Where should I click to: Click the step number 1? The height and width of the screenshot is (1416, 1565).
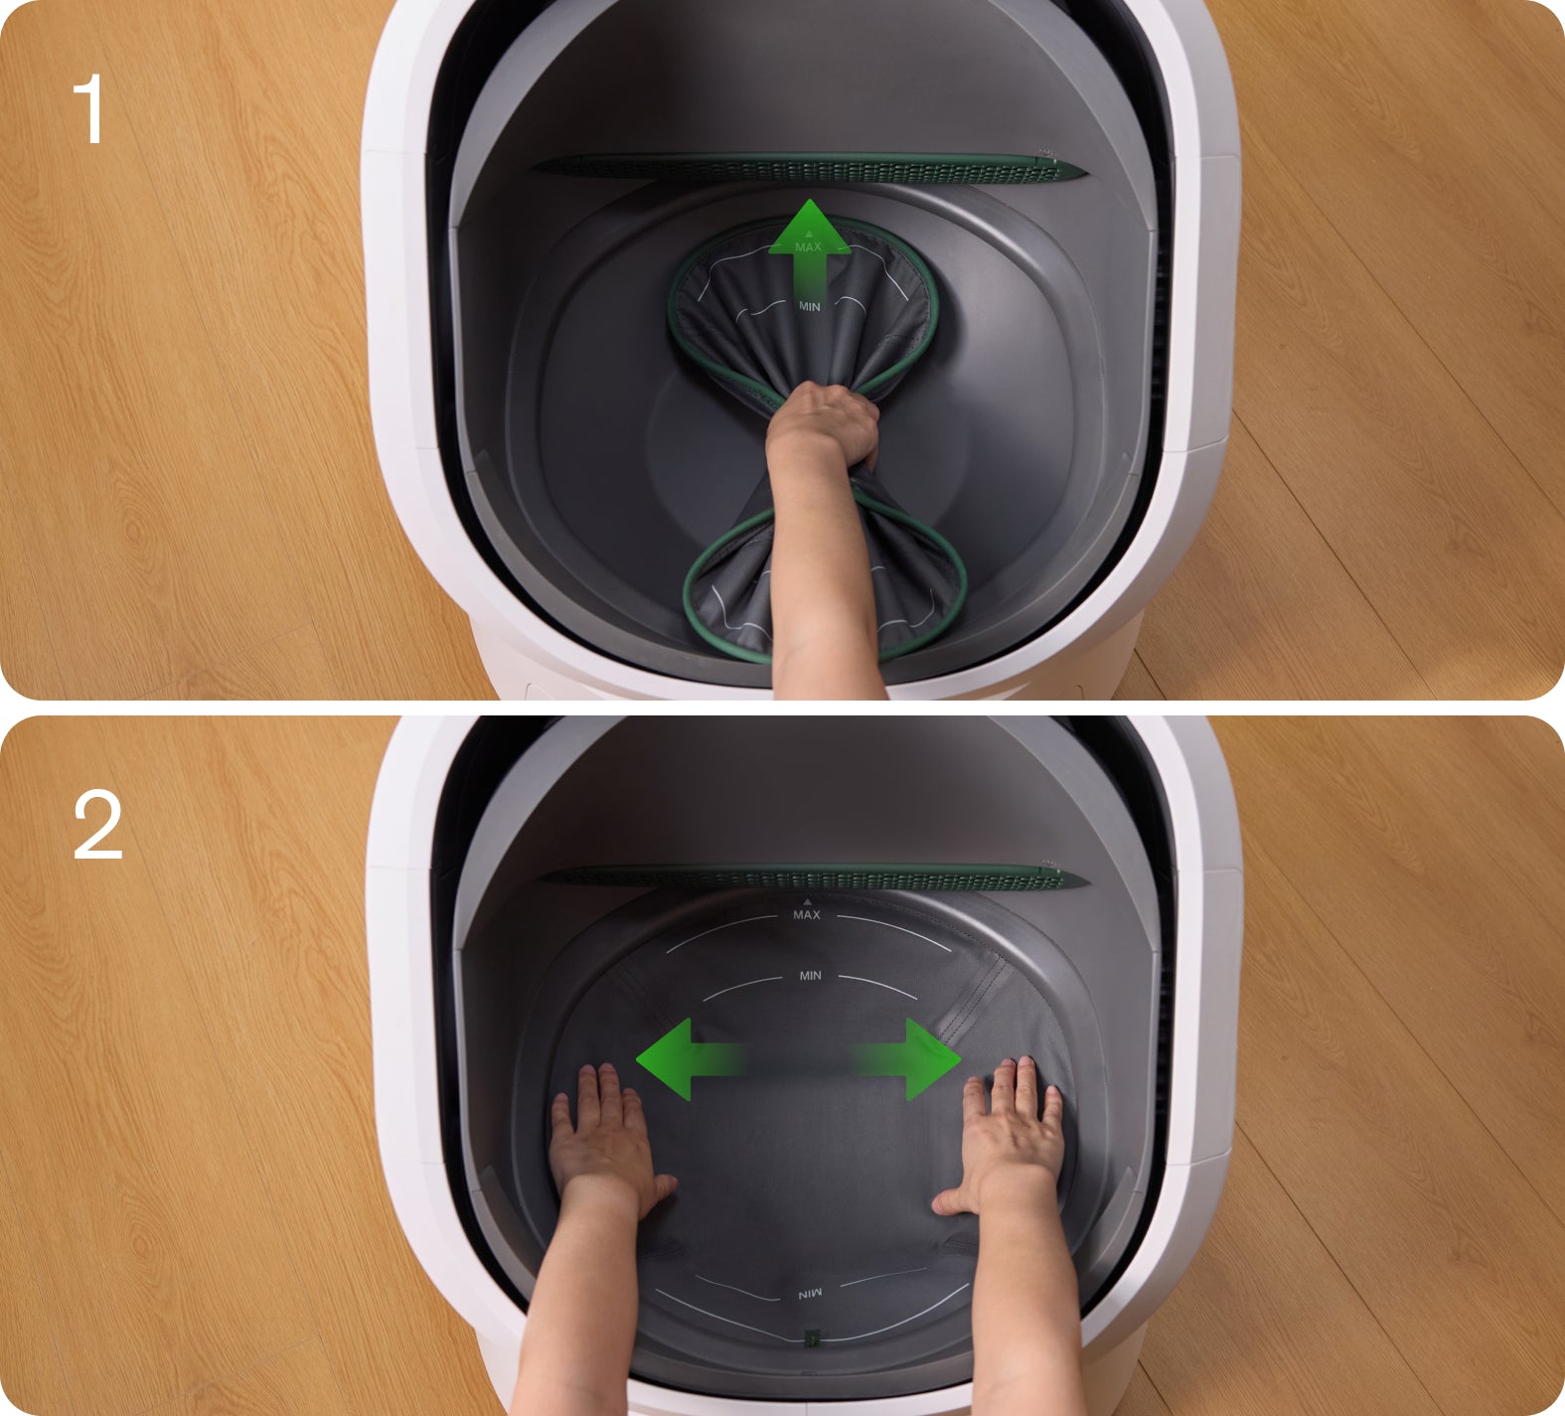89,110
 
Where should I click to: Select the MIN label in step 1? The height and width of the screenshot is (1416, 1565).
810,307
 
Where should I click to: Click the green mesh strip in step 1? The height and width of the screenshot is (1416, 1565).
810,169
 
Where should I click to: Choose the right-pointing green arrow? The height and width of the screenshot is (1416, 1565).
906,1058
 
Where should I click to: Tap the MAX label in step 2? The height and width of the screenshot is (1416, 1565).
807,914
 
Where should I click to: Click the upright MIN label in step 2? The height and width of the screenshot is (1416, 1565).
811,976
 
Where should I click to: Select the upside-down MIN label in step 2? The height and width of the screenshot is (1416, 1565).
811,1295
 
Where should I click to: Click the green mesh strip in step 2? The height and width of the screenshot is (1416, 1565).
810,876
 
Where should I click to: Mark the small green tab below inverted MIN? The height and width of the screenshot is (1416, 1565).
811,1337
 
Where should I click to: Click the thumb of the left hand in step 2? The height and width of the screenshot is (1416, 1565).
660,1186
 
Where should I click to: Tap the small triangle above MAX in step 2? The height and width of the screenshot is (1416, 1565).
807,901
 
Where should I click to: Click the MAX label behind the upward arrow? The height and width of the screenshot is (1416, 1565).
809,246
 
